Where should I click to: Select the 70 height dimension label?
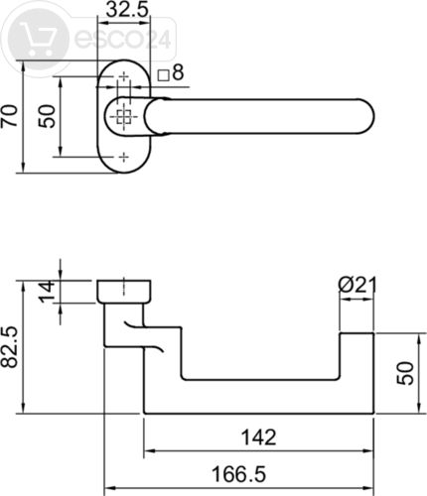(9, 116)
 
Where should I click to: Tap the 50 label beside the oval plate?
(48, 116)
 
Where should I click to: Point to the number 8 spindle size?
(178, 72)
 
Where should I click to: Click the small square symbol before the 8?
(163, 75)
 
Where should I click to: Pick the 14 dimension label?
(48, 292)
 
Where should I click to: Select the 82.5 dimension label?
(9, 347)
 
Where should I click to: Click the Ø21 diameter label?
(357, 285)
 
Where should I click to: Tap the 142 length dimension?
(258, 437)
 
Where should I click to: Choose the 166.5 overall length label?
(238, 474)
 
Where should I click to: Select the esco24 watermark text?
(122, 39)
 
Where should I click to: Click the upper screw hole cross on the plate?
(124, 76)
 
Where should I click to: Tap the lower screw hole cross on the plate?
(124, 157)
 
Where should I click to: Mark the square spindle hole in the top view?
(124, 116)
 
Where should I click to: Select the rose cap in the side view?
(124, 291)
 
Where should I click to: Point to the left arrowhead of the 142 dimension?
(150, 451)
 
